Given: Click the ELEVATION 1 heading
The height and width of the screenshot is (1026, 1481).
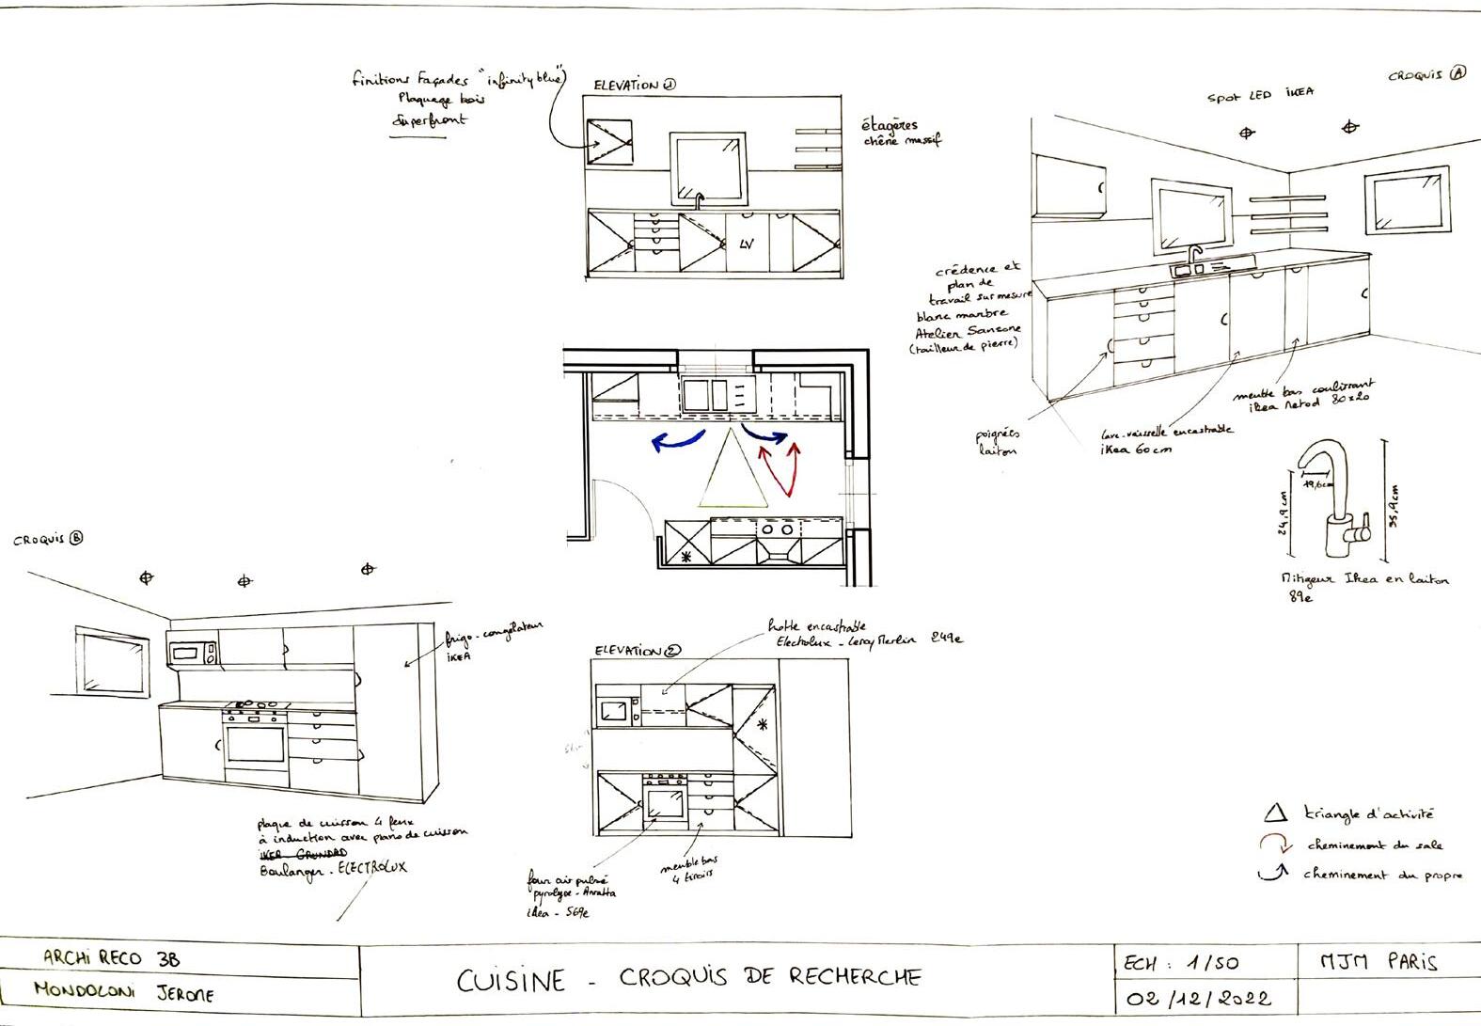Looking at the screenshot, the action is (635, 85).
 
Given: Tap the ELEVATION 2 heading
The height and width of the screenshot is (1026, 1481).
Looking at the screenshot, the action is (638, 651).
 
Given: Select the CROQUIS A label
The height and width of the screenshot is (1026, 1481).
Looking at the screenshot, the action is (1426, 74).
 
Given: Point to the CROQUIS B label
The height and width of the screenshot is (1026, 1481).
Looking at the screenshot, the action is (48, 540).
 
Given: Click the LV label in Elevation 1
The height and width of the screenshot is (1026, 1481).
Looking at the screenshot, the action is (747, 245).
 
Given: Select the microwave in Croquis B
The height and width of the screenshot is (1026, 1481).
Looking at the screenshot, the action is (192, 652).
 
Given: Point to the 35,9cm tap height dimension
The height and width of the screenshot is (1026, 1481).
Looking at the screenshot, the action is (1394, 507).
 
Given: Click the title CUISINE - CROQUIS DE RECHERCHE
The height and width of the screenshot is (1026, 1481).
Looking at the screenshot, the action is (689, 978).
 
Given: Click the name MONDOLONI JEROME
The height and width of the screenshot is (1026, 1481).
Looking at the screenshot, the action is (123, 991).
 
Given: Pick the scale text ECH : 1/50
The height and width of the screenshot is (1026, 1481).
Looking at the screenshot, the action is (1181, 963).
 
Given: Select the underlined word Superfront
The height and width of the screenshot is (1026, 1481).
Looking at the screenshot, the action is (430, 121).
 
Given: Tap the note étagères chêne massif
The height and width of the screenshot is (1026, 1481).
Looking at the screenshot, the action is (901, 132).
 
